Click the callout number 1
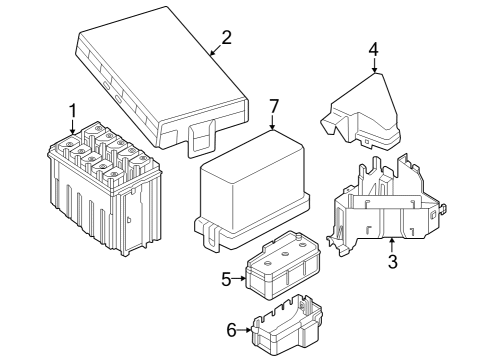(x=71, y=109)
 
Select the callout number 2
(x=226, y=38)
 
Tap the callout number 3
(x=392, y=262)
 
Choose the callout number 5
(x=227, y=280)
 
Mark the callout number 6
(x=231, y=328)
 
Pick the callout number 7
(x=274, y=107)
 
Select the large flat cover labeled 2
(x=160, y=80)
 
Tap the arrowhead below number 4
(x=373, y=72)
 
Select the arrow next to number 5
(x=242, y=280)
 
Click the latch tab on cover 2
(x=203, y=134)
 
